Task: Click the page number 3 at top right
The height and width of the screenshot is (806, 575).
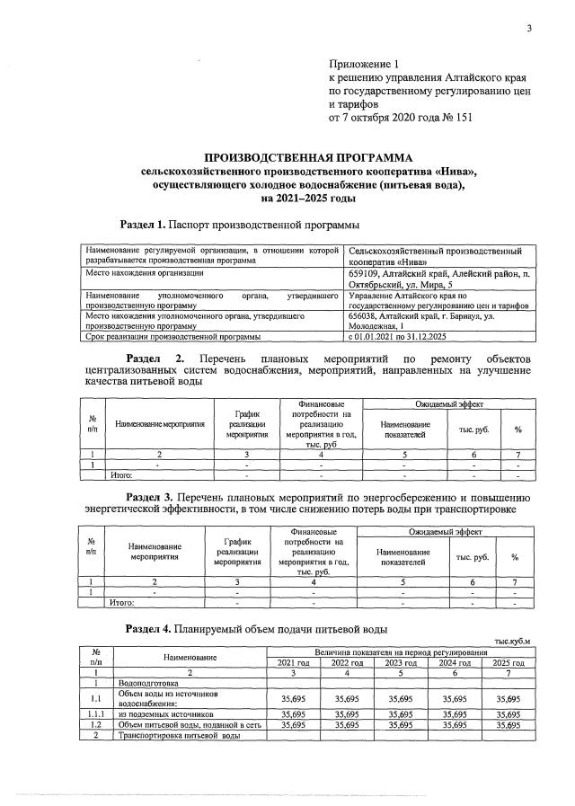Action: pos(529,29)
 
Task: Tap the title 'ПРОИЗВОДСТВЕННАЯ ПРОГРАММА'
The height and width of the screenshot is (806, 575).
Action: pos(301,156)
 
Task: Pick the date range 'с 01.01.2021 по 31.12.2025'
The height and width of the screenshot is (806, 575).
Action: pos(407,338)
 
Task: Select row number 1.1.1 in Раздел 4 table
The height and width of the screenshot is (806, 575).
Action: pos(95,713)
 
